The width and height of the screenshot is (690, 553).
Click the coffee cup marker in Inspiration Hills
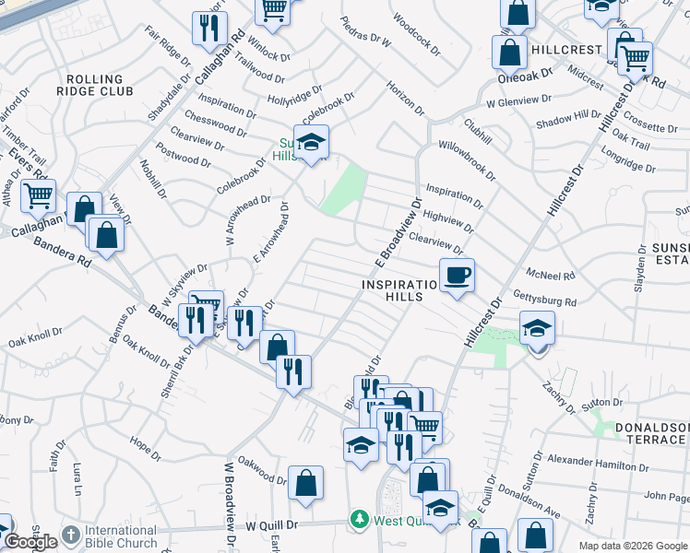pyautogui.click(x=456, y=274)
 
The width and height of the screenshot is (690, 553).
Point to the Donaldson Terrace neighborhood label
pyautogui.click(x=651, y=433)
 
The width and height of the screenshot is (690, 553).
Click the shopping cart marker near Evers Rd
pyautogui.click(x=38, y=195)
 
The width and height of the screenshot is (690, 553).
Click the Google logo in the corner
pyautogui.click(x=30, y=542)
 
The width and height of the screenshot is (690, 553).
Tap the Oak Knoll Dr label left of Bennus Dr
pyautogui.click(x=34, y=338)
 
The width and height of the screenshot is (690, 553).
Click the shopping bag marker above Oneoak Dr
pyautogui.click(x=510, y=53)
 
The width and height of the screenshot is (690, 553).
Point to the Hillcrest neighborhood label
pyautogui.click(x=565, y=48)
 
